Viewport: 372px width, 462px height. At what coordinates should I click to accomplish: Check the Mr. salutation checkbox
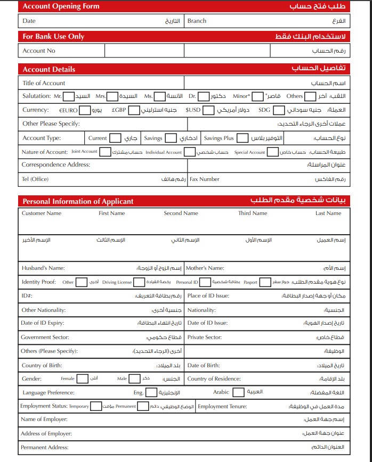(x=69, y=96)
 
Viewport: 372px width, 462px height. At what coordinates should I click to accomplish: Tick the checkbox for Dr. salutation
(x=204, y=96)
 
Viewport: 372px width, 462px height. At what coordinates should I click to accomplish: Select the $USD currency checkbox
(x=209, y=110)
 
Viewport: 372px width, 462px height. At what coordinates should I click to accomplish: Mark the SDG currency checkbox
(x=279, y=110)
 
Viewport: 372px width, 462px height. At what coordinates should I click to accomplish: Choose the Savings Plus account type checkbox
(x=242, y=138)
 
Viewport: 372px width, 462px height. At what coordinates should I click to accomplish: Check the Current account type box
(x=116, y=138)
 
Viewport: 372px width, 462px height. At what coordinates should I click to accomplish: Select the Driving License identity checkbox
(x=139, y=282)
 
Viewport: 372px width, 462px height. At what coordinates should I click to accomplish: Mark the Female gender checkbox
(x=82, y=379)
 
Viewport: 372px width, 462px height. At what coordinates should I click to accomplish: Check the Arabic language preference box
(x=238, y=392)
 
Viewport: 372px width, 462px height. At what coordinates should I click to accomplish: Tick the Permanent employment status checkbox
(x=143, y=407)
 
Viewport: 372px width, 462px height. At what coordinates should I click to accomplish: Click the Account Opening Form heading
(x=61, y=6)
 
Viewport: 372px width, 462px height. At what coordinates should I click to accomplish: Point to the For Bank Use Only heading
(x=53, y=37)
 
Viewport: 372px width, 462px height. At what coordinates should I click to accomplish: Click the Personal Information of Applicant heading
(x=78, y=201)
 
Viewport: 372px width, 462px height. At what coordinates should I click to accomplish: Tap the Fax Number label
(x=205, y=179)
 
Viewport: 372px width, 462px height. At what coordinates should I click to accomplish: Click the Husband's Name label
(x=43, y=268)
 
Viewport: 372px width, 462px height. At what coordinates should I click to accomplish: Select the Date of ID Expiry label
(x=43, y=323)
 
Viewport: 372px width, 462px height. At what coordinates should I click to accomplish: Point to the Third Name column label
(x=253, y=213)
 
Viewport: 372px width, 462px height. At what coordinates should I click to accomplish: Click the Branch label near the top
(x=197, y=21)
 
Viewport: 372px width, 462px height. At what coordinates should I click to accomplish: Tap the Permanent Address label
(x=45, y=448)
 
